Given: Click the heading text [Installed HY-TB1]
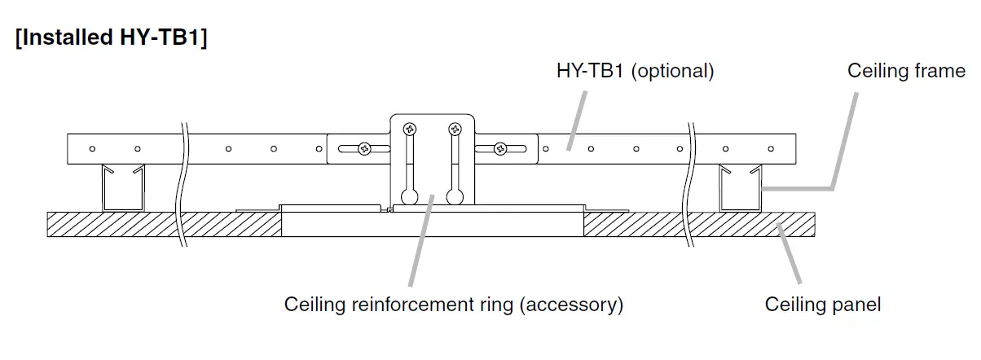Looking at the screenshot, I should coord(111,38).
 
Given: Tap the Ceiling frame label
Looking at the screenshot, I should coord(906,72).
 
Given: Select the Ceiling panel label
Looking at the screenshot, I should coord(822,305).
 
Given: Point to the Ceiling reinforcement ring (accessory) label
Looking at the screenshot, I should coord(453,305).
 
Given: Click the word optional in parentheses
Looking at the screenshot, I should coord(672,72).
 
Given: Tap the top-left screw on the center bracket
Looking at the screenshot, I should coord(409,129).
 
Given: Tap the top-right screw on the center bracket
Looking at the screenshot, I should coord(455,129).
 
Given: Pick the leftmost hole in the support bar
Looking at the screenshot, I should coord(93,148).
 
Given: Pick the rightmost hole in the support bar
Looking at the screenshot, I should coord(771,148).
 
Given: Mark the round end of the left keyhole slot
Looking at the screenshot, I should coord(409,196).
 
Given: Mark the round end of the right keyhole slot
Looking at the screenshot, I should coord(455,196).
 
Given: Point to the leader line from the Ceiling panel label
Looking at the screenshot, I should coord(790,252).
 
